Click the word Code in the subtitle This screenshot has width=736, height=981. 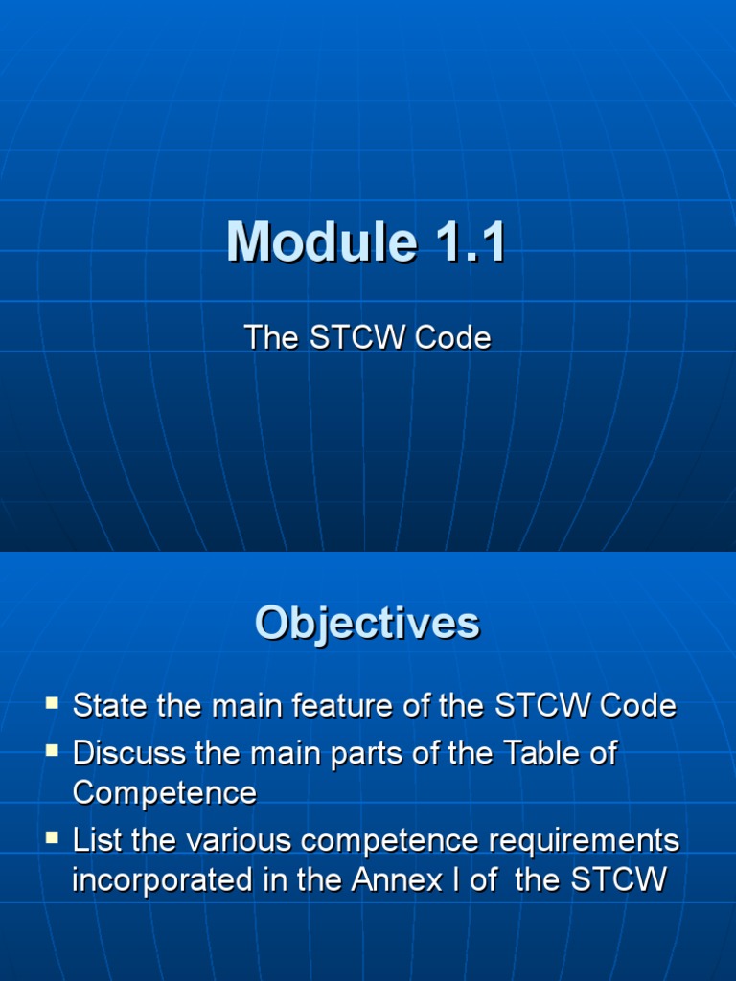[x=455, y=337]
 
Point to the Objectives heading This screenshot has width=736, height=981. [x=367, y=623]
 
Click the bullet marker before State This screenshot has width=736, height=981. [x=52, y=705]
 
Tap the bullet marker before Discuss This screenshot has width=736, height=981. [x=52, y=752]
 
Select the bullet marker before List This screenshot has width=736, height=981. [x=52, y=838]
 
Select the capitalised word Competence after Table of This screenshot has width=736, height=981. [x=165, y=793]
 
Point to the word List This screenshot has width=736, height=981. [x=99, y=840]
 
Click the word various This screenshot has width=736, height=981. [x=239, y=840]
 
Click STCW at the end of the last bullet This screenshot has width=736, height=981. [x=617, y=879]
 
